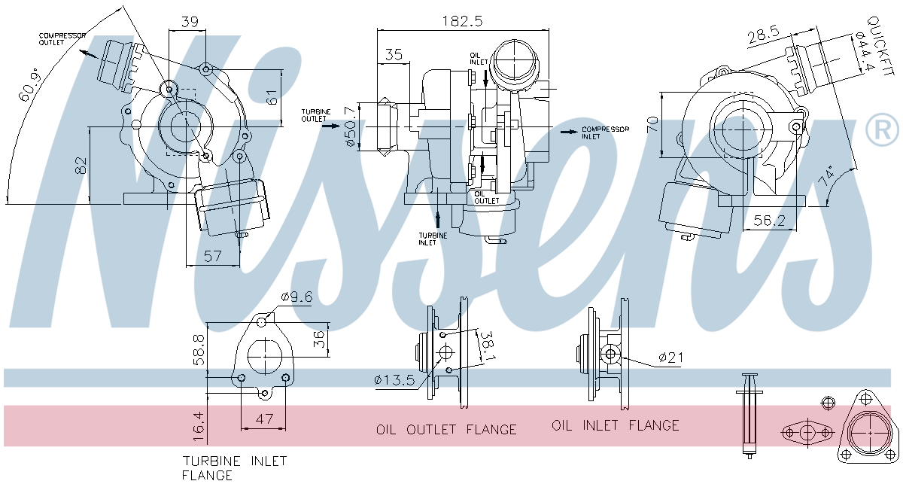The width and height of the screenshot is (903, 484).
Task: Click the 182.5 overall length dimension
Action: point(461,21)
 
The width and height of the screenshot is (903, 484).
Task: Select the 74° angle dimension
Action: point(829,178)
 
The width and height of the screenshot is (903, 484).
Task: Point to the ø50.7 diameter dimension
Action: point(349,126)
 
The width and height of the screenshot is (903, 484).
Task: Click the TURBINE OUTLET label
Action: point(315,115)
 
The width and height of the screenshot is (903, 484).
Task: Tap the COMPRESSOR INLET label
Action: point(604,132)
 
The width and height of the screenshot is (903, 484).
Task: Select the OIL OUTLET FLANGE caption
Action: point(446,430)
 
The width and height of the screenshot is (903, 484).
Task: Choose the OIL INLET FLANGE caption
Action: point(615,425)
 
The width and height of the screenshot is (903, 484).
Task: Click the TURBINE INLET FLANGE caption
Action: point(234,467)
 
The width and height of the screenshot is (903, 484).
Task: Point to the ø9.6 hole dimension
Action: point(296,297)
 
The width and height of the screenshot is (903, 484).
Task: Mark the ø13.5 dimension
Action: point(394,381)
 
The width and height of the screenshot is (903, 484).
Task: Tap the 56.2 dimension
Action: point(769,220)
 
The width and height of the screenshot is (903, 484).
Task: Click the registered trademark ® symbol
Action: point(882,130)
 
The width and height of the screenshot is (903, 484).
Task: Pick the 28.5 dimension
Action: point(762,34)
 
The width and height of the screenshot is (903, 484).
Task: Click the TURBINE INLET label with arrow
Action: point(433,239)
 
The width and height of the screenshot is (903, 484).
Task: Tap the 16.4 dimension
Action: point(198,425)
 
